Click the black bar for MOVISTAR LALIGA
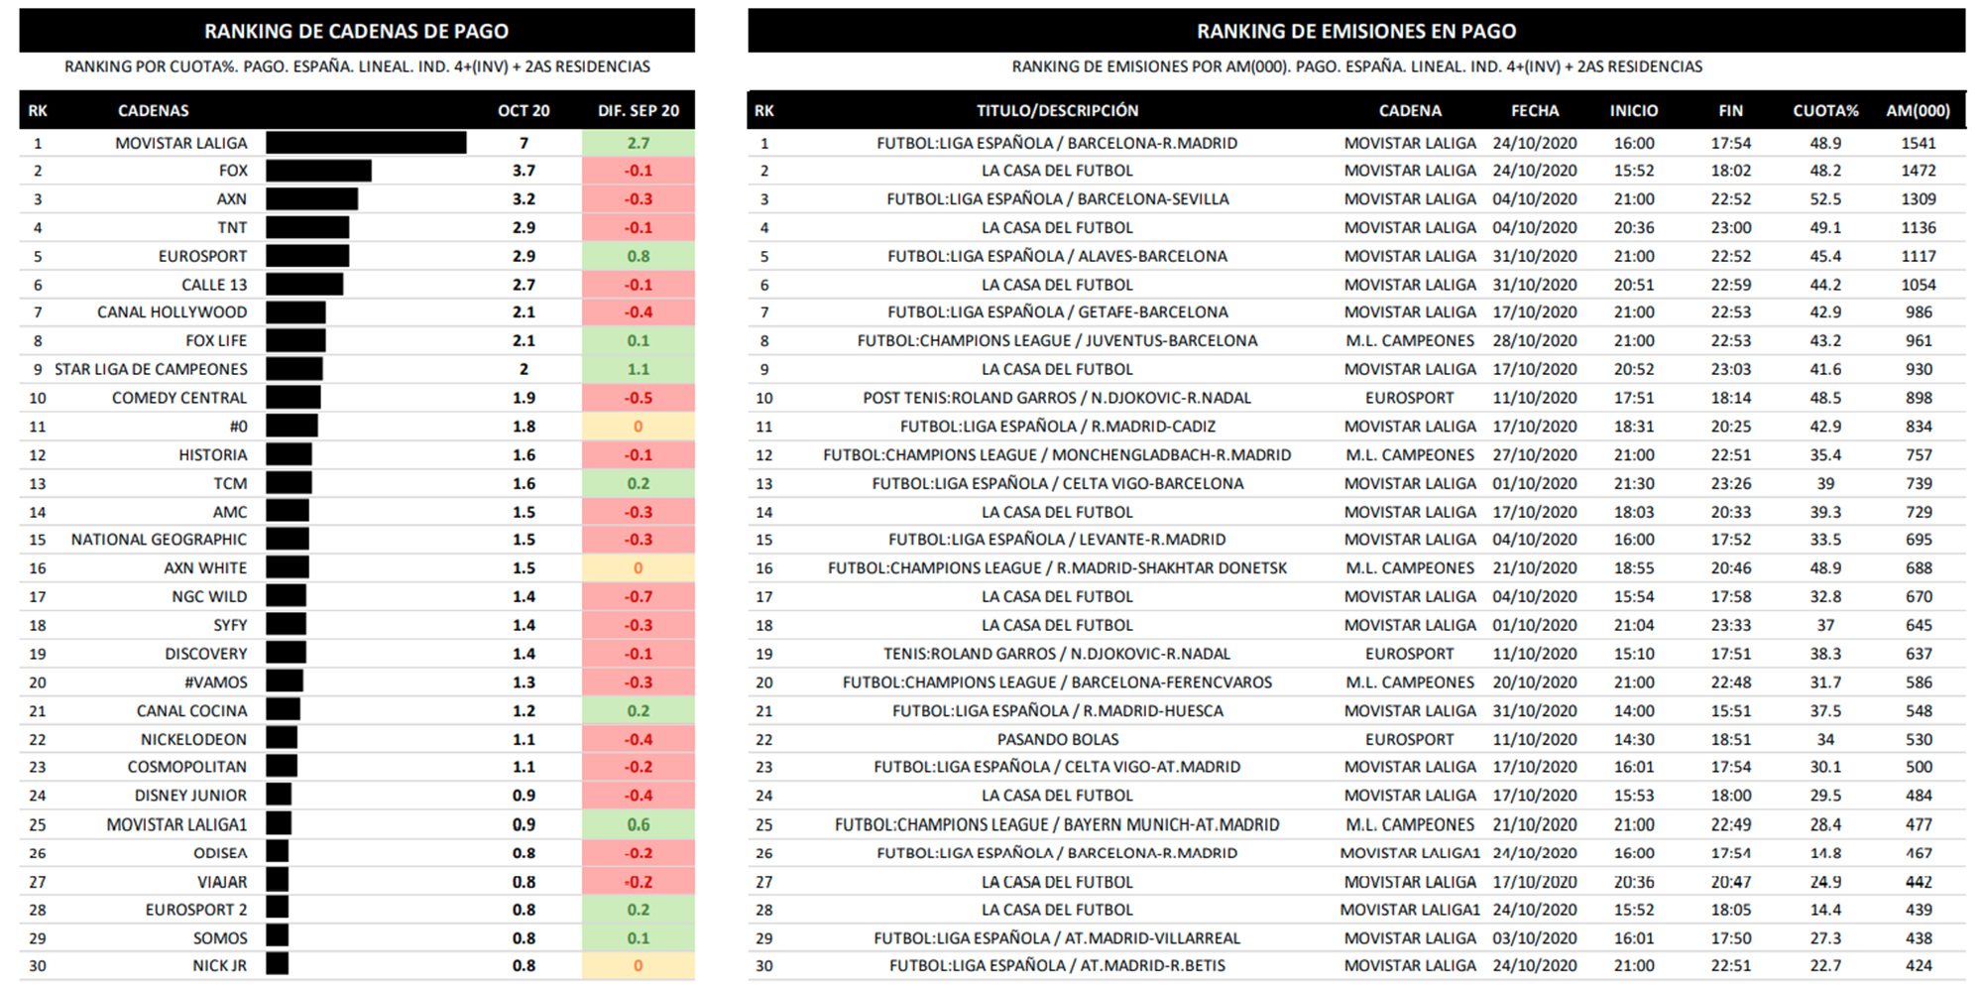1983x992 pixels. point(366,143)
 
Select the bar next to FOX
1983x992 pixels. point(318,171)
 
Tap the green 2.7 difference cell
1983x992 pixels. point(638,143)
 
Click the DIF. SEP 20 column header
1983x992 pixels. point(638,111)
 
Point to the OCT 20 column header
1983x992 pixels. point(524,111)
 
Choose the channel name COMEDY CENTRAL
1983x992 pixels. point(179,398)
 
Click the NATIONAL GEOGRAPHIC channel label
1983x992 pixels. point(159,540)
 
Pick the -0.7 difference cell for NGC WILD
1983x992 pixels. point(638,596)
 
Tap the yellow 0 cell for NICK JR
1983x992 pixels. point(638,965)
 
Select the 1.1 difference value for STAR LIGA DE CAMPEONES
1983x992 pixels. point(638,369)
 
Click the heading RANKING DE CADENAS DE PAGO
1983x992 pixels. point(356,31)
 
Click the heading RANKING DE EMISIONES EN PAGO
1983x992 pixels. point(1355,31)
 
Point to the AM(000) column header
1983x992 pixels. point(1918,111)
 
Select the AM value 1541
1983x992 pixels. point(1918,143)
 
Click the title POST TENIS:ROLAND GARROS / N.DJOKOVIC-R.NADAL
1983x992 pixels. point(1057,398)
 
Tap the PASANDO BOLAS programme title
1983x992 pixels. point(1057,739)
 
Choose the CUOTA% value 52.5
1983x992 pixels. point(1825,199)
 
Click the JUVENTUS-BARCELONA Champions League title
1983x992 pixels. point(1057,340)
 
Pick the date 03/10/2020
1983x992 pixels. point(1534,937)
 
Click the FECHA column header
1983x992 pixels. point(1534,111)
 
